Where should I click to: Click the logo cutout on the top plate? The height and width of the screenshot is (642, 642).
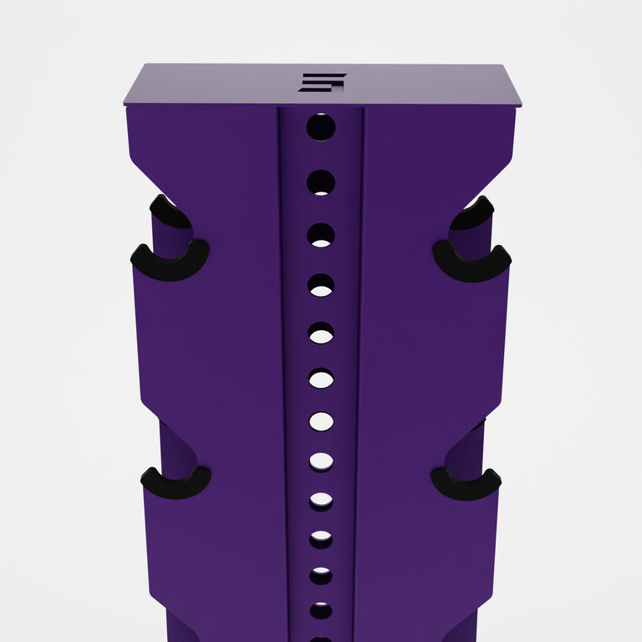pos(321,82)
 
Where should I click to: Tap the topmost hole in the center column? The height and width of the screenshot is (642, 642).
pos(321,127)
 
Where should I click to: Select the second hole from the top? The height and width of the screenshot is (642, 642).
pos(321,182)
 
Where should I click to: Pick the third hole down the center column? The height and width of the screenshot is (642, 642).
pos(321,235)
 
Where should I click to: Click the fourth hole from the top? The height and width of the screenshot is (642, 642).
pos(321,286)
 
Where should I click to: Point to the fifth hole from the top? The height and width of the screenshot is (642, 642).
pos(321,334)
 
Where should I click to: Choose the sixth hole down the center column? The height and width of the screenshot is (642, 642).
pos(321,379)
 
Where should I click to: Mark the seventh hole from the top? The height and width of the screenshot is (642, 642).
pos(321,421)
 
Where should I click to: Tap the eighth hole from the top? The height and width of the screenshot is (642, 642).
pos(321,461)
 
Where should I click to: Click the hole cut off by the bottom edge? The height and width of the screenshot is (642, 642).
pos(321,638)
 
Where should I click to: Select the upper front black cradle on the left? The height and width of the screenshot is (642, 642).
pos(170,262)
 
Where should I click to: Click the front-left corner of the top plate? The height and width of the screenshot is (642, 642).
pos(125,104)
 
